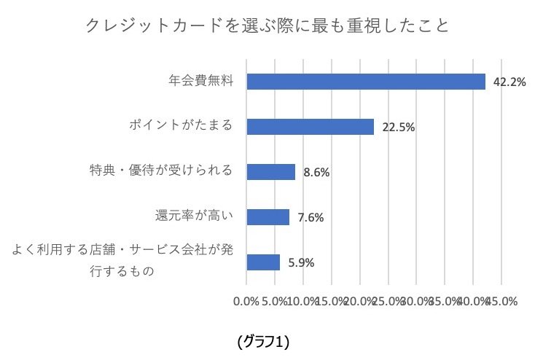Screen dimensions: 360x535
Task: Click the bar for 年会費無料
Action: [366, 82]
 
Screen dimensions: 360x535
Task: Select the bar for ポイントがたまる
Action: [310, 127]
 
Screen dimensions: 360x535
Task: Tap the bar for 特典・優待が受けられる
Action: [270, 172]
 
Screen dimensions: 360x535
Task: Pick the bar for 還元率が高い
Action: [267, 217]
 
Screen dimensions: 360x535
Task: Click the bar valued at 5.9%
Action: [263, 262]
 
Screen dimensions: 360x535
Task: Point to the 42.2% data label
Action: [509, 82]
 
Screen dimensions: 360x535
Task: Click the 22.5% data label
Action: [398, 128]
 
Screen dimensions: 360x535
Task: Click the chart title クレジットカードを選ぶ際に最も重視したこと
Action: [267, 26]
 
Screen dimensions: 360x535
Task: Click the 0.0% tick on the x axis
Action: [246, 302]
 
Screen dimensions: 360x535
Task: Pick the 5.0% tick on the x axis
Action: [275, 302]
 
